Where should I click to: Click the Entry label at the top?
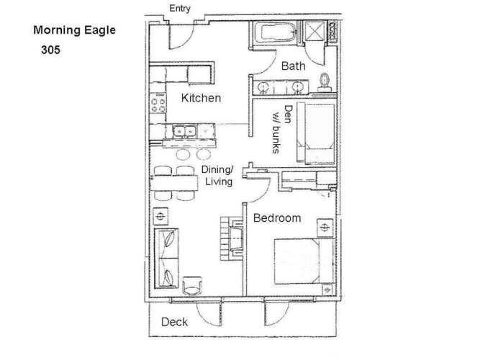[180, 9]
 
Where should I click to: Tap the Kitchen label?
[201, 98]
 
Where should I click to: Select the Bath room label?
[294, 66]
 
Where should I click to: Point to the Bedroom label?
[277, 218]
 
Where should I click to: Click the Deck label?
[174, 322]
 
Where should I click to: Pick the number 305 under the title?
[50, 50]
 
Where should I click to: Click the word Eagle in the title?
[100, 30]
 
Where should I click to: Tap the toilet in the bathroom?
[325, 83]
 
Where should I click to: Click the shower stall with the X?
[314, 31]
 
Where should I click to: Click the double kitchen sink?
[184, 132]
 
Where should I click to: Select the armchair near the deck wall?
[192, 286]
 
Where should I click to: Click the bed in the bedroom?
[304, 261]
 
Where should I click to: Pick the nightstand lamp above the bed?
[325, 228]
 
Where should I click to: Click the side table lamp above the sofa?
[160, 216]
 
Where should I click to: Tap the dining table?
[174, 183]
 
